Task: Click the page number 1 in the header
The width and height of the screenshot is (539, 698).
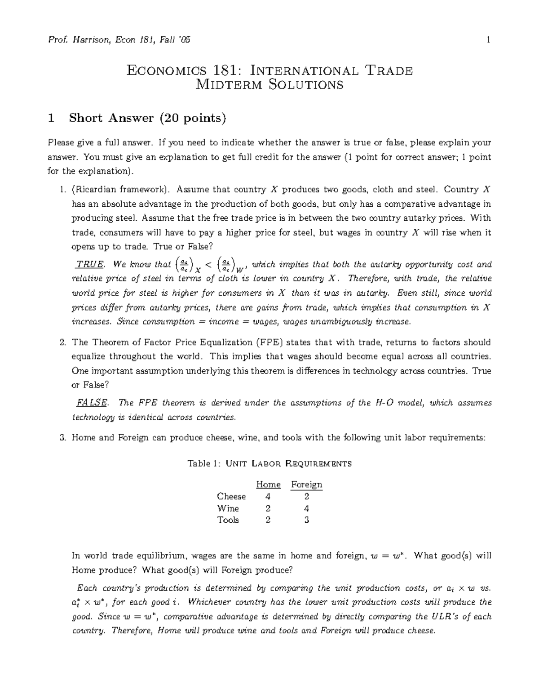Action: pos(488,40)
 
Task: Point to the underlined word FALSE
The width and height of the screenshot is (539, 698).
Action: pos(92,403)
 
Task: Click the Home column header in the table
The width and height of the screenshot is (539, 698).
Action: pos(268,485)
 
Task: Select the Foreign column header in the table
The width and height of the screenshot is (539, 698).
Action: pos(306,485)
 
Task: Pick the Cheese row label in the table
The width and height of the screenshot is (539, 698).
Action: pos(231,497)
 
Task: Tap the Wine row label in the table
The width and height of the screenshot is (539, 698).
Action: pos(228,508)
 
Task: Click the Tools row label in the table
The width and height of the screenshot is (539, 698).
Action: pos(228,520)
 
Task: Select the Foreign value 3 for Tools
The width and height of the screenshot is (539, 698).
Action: pos(307,520)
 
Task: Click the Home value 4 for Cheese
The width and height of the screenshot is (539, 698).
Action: pos(268,497)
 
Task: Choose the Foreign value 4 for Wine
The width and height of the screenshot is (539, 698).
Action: pos(307,508)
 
